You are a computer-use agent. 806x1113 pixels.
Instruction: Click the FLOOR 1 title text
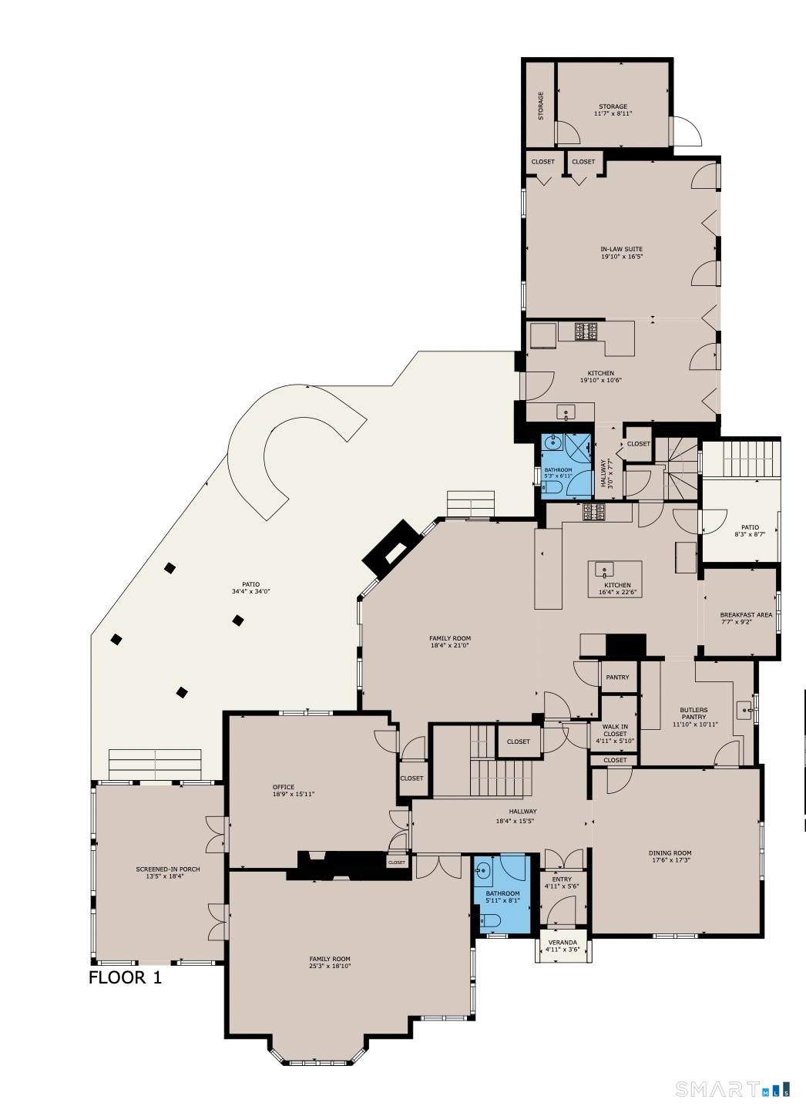coord(125,977)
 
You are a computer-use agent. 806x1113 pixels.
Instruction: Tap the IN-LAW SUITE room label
coord(621,249)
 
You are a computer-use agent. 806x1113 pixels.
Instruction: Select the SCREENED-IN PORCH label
coord(168,869)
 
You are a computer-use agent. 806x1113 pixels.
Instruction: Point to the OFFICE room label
coord(284,787)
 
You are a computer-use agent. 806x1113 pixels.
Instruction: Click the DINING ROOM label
coord(670,853)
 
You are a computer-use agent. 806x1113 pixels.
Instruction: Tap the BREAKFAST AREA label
coord(745,615)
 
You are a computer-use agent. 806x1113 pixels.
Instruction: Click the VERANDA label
coord(563,942)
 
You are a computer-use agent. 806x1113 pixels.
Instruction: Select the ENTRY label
coord(562,879)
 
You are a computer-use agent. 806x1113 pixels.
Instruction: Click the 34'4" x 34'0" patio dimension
coord(250,592)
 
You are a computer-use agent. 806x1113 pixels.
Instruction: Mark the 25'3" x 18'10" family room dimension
coord(330,966)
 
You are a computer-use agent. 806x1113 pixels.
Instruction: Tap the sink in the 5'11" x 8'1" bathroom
coord(482,871)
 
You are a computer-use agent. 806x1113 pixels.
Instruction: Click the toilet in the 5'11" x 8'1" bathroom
coord(490,920)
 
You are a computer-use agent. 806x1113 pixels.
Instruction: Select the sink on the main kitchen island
coord(605,570)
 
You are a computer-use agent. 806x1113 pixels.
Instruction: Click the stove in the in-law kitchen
coord(586,331)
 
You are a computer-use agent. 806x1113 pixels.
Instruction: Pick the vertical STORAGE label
coord(540,106)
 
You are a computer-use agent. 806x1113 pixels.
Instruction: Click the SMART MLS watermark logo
coord(732,1088)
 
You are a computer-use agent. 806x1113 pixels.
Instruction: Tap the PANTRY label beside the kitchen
coord(617,678)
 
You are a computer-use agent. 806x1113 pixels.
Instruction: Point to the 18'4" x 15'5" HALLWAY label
coord(522,812)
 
